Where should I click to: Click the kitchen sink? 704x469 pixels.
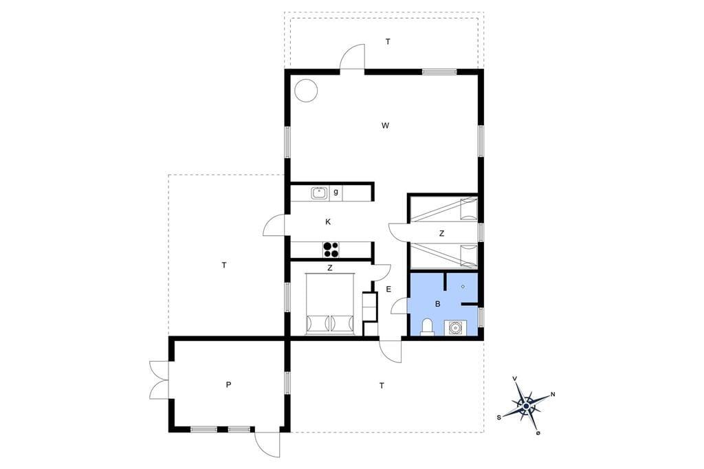tap(319, 193)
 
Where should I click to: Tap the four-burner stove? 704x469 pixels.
tap(331, 250)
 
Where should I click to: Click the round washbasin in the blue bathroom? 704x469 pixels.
tap(455, 329)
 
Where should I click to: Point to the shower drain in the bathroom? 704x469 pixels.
tap(463, 286)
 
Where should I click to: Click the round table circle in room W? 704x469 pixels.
tap(306, 91)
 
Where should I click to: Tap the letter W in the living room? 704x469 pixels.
tap(385, 126)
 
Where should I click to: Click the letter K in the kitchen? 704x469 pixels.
tap(328, 221)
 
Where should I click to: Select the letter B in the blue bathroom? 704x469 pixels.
tap(438, 304)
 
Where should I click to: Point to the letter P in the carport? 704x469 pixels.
tap(228, 384)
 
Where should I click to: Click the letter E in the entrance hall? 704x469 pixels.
tap(389, 290)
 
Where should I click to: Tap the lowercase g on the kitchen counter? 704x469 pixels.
tap(335, 193)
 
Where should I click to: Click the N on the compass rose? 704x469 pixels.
tap(553, 395)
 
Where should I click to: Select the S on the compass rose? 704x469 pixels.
tap(499, 417)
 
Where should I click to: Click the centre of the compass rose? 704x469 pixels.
tap(526, 406)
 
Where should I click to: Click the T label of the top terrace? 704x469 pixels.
tap(388, 42)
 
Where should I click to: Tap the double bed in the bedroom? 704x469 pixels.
tap(330, 304)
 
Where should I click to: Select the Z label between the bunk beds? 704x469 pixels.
tap(442, 234)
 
